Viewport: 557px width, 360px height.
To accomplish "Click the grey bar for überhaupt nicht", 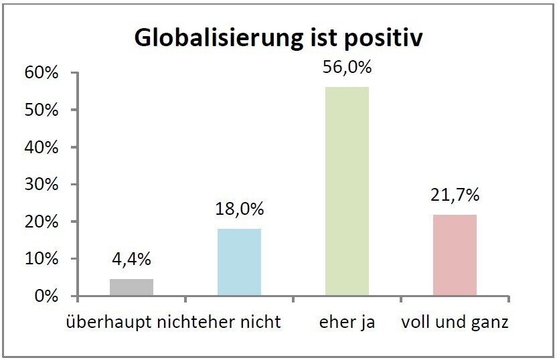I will coord(131,287).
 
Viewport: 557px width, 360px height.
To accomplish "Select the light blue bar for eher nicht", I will coord(239,262).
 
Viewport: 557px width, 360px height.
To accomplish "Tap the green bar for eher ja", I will coord(347,191).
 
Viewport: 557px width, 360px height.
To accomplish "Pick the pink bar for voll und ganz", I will coord(455,255).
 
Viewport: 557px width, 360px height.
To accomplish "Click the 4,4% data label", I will coord(131,258).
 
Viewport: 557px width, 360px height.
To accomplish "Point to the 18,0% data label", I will coord(239,208).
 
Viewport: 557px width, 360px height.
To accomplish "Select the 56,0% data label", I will coord(347,67).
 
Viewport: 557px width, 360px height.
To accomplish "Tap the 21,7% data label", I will coord(455,195).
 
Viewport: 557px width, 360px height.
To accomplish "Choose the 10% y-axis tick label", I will coord(43,258).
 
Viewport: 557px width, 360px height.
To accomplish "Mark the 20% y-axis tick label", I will coord(43,221).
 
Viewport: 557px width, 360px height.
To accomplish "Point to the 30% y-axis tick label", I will coord(43,184).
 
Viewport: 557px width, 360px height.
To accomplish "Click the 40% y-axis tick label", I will coord(43,147).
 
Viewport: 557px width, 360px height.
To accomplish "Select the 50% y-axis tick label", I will coord(43,110).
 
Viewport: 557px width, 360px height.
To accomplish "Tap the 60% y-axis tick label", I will coord(43,73).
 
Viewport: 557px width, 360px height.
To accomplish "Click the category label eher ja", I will coord(347,323).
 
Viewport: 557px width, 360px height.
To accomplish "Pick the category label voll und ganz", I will coord(455,323).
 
